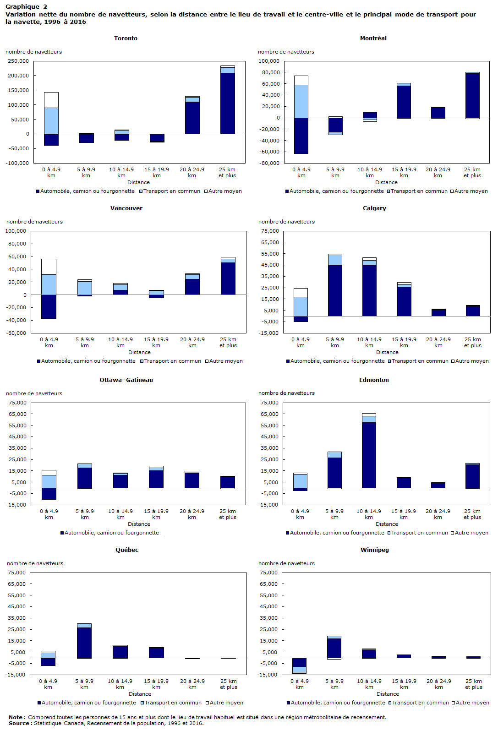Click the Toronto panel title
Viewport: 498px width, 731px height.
126,38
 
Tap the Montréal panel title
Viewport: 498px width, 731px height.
373,38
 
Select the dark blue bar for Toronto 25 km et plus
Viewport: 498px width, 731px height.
227,103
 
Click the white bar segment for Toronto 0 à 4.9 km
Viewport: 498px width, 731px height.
51,100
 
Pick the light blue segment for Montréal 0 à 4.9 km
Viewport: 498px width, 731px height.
301,101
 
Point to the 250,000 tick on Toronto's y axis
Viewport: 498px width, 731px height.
18,61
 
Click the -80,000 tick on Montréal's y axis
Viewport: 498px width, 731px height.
269,163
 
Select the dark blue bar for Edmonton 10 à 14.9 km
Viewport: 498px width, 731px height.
369,455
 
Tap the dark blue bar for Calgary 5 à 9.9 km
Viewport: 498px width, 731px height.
335,290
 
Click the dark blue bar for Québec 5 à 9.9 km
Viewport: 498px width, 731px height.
84,643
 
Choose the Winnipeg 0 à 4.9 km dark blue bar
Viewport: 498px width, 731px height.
299,662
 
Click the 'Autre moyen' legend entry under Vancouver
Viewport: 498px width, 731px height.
224,361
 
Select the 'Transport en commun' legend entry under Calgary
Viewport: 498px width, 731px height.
418,361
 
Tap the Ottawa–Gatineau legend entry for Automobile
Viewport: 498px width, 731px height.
109,533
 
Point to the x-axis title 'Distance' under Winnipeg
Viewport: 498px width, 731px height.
388,694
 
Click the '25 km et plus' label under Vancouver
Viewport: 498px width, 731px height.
228,342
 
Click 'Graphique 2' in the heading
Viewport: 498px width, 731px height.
26,6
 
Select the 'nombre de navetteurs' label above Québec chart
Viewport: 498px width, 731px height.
35,563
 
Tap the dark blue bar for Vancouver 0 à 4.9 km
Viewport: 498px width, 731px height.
49,306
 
